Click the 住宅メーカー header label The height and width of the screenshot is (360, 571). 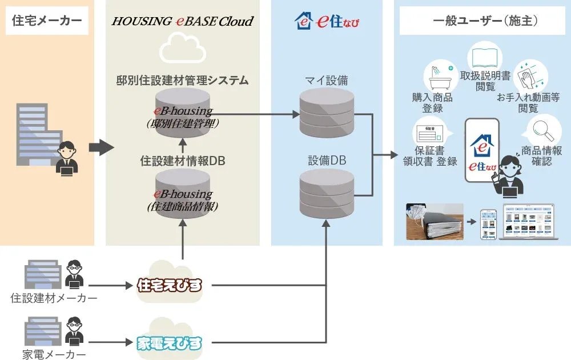click(x=47, y=21)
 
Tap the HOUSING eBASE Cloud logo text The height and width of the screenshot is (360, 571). click(x=182, y=21)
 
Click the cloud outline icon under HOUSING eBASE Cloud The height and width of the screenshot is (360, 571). click(x=182, y=49)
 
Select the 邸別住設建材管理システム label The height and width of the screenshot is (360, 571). click(x=182, y=81)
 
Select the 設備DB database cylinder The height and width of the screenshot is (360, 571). click(x=327, y=194)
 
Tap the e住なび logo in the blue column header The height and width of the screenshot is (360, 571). click(x=327, y=21)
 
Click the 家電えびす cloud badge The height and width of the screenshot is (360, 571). click(x=170, y=343)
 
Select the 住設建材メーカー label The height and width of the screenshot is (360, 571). click(x=54, y=298)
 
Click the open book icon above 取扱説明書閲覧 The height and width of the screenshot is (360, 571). click(x=485, y=57)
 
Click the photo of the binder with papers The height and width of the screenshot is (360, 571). click(x=434, y=221)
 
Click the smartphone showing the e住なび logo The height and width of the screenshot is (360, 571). click(x=482, y=150)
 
